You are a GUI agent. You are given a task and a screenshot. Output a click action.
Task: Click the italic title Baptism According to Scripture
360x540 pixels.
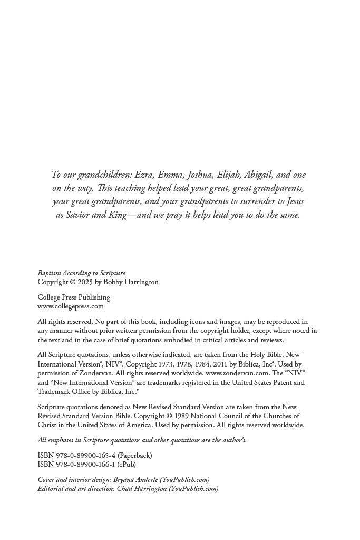point(81,273)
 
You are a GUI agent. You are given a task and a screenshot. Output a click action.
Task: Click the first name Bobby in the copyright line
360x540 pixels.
point(114,282)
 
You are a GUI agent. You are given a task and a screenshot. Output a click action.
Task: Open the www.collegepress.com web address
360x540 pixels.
point(71,306)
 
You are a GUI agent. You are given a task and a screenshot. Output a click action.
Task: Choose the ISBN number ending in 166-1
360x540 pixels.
point(85,465)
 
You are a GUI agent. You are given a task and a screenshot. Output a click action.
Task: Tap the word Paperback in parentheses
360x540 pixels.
point(134,456)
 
